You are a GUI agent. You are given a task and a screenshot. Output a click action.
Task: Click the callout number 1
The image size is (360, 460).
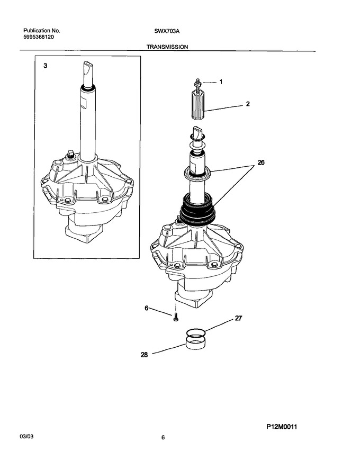(x=221, y=82)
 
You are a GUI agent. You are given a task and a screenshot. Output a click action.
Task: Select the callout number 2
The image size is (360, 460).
(x=248, y=104)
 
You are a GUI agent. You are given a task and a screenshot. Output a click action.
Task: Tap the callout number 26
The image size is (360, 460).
(x=261, y=162)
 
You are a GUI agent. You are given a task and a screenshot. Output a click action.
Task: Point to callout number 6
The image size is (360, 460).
(x=147, y=308)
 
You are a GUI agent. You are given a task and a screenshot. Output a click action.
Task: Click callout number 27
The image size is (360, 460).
(x=239, y=318)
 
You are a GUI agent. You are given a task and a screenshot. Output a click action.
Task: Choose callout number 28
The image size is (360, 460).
(x=144, y=355)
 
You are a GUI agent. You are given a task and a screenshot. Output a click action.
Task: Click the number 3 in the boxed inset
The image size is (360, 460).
(x=45, y=66)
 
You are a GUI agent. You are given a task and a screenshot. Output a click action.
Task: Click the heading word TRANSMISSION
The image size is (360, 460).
(x=167, y=47)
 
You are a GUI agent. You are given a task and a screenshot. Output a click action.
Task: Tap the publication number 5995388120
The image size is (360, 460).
(x=39, y=37)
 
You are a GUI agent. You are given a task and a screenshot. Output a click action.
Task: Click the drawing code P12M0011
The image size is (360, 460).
(x=282, y=427)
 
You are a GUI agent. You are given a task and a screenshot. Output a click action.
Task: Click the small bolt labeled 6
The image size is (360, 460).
(x=176, y=317)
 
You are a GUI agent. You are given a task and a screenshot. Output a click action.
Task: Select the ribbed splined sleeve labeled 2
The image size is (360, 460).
(x=198, y=105)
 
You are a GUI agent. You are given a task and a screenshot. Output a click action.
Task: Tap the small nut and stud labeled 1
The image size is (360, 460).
(x=198, y=83)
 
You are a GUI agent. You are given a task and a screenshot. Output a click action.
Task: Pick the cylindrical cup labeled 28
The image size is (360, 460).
(x=195, y=342)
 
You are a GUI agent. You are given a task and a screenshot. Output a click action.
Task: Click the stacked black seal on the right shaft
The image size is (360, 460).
(x=197, y=210)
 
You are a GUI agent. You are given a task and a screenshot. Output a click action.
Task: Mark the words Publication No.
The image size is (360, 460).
(x=42, y=31)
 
